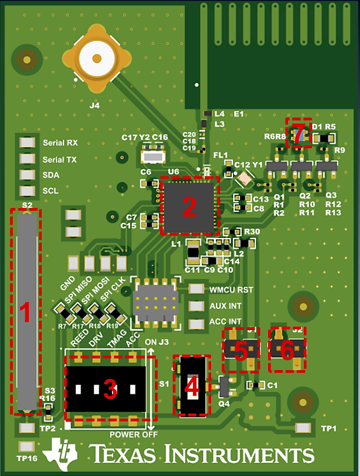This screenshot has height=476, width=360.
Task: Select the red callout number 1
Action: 25,314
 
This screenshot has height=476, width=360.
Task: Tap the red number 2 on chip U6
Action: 189,207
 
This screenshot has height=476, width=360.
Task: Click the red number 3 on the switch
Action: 110,389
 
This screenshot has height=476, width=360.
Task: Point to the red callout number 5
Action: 241,351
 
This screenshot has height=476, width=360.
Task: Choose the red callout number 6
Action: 287,349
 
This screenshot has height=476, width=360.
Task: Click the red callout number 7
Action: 298,133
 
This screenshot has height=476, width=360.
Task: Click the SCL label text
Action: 51,191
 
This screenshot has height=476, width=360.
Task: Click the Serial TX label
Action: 61,159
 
